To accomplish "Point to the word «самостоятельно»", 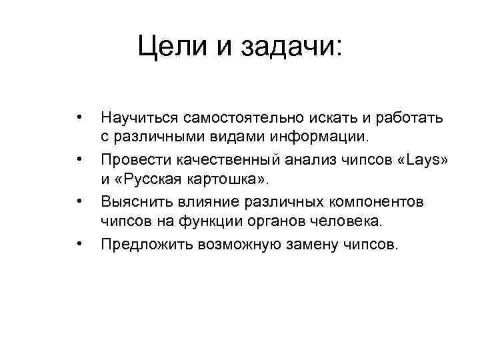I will click(x=237, y=118).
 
